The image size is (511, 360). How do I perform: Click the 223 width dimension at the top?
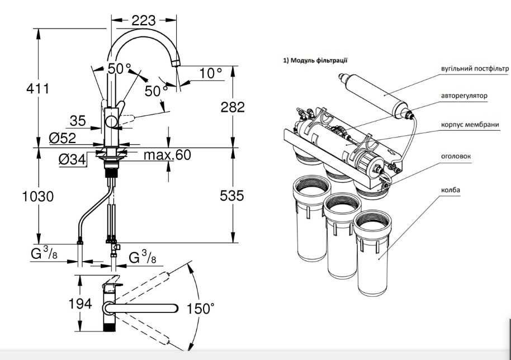tap(143, 21)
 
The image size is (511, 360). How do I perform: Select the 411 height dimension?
tap(38, 88)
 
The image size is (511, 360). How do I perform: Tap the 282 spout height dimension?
tap(233, 107)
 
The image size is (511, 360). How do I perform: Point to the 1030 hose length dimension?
tap(38, 196)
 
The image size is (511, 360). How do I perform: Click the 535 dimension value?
tap(231, 196)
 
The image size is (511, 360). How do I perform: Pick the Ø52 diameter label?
tap(63, 139)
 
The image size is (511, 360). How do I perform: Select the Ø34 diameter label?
tap(73, 160)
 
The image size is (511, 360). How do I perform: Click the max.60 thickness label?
tap(167, 155)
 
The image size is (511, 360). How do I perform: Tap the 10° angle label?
tap(211, 74)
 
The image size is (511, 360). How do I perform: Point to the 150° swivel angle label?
tap(200, 308)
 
